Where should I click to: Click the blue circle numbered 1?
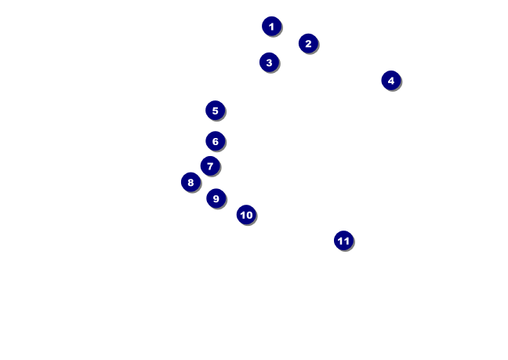pyautogui.click(x=271, y=27)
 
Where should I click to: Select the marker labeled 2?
pyautogui.click(x=308, y=44)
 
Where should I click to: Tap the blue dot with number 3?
pyautogui.click(x=269, y=63)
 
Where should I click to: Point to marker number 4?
pyautogui.click(x=391, y=81)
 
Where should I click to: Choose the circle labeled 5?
pyautogui.click(x=216, y=111)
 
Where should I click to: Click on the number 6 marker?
pyautogui.click(x=216, y=141)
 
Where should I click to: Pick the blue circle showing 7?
pyautogui.click(x=210, y=166)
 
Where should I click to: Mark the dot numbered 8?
pyautogui.click(x=190, y=183)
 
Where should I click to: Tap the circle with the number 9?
pyautogui.click(x=216, y=198)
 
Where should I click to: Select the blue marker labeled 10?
pyautogui.click(x=246, y=215)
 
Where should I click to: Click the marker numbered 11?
pyautogui.click(x=343, y=241)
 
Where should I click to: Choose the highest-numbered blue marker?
pyautogui.click(x=343, y=241)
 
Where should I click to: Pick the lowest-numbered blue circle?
pyautogui.click(x=271, y=27)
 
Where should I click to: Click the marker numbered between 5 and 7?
pyautogui.click(x=216, y=141)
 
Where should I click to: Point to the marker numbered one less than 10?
pyautogui.click(x=216, y=198)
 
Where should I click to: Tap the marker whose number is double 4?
pyautogui.click(x=190, y=183)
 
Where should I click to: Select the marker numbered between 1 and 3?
pyautogui.click(x=308, y=44)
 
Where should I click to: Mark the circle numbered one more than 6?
pyautogui.click(x=210, y=166)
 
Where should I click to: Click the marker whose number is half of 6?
pyautogui.click(x=269, y=63)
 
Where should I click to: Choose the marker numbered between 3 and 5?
pyautogui.click(x=391, y=81)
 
